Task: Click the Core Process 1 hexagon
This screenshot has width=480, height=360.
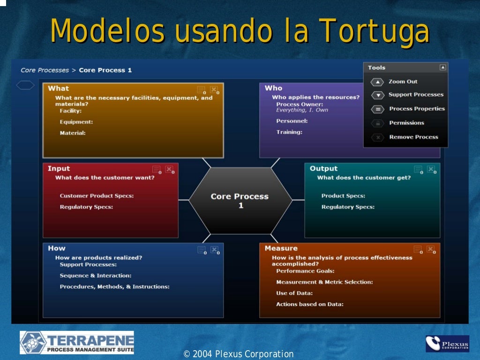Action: [x=240, y=201]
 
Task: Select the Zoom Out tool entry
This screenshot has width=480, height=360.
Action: [x=403, y=82]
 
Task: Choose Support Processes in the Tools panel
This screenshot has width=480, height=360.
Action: [x=416, y=95]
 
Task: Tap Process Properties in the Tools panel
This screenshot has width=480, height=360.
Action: [x=416, y=109]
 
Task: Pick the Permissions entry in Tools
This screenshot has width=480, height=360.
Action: [x=406, y=123]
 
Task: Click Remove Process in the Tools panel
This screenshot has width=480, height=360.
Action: [x=413, y=137]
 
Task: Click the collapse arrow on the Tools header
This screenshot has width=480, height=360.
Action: [x=442, y=67]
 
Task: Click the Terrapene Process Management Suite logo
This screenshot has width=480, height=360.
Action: [x=77, y=343]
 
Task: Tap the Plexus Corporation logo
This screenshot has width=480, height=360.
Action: [x=447, y=344]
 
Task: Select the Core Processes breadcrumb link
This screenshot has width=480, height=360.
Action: [x=45, y=70]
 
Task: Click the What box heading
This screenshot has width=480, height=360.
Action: [x=58, y=89]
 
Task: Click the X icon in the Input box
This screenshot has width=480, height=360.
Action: [x=169, y=169]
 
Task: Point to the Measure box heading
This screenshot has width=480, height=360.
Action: [x=281, y=248]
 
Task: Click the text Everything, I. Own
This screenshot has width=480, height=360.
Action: [x=302, y=110]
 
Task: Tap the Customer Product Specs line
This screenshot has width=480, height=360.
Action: [x=97, y=196]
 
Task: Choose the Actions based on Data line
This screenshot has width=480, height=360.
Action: [x=309, y=304]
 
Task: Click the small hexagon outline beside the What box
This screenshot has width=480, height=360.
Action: [x=25, y=85]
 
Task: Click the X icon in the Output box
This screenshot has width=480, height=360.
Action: [x=430, y=169]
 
